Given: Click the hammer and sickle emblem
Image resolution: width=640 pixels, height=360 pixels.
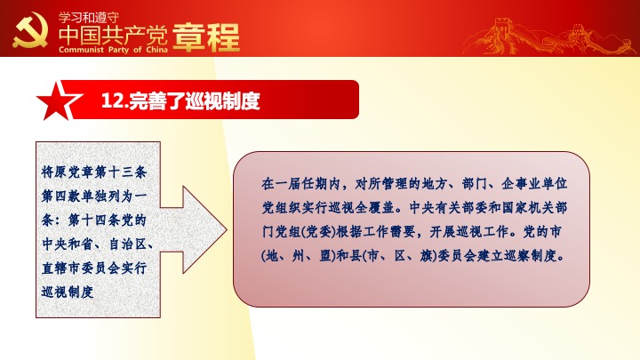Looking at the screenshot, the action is click(30, 30).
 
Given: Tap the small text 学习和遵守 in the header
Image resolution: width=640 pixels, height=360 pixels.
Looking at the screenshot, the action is click(89, 18).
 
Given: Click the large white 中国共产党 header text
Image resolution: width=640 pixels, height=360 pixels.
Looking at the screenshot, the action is click(113, 36).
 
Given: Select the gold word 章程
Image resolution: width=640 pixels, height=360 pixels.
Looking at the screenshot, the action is click(206, 37).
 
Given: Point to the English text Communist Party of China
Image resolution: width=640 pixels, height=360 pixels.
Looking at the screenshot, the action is click(113, 50).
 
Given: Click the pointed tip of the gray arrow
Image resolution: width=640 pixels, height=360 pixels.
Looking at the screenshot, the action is click(227, 230).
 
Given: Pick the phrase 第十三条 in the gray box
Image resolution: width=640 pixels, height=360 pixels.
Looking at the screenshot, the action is click(120, 172).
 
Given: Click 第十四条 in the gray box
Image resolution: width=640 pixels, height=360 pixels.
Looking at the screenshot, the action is click(94, 220).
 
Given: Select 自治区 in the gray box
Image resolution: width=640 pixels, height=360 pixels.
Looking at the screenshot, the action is click(127, 244).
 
